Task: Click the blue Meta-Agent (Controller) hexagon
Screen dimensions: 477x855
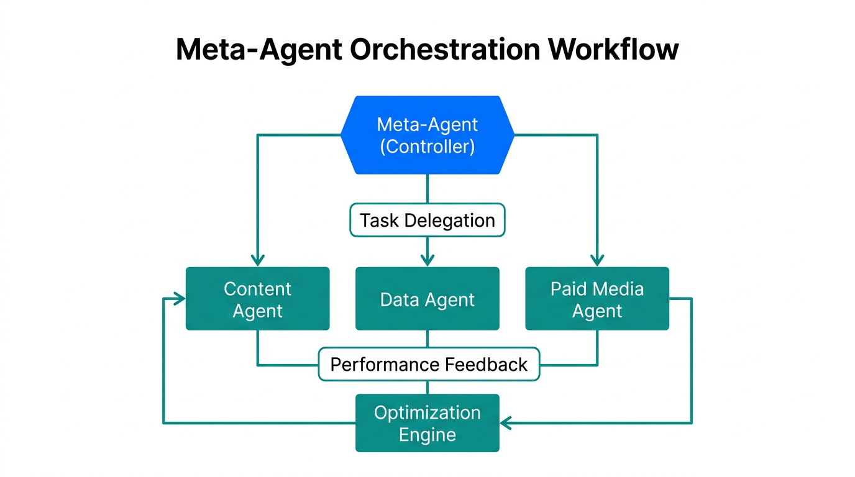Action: (428, 135)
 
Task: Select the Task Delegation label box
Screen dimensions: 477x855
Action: (428, 220)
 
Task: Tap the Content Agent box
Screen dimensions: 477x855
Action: (257, 299)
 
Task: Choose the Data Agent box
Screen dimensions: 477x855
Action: (428, 299)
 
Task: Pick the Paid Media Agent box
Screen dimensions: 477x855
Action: (597, 299)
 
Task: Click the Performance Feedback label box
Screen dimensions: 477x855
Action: (429, 364)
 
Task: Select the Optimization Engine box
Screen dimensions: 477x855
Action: (428, 423)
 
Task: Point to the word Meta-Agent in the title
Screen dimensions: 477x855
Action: (258, 50)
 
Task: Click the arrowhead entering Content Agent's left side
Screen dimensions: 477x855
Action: (180, 299)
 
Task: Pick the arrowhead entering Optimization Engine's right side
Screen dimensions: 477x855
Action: (506, 423)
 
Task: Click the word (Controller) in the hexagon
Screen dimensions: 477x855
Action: (428, 147)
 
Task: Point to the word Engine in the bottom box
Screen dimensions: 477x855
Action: (428, 435)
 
